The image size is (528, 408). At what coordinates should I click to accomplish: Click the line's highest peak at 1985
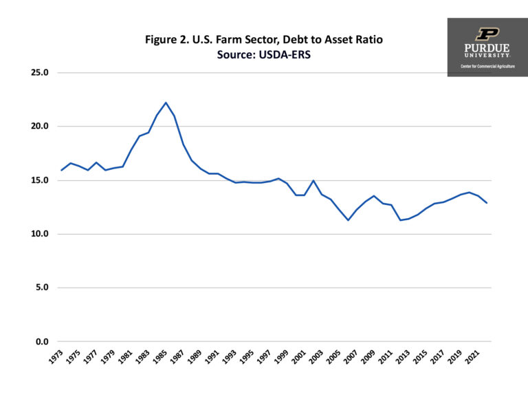[x=166, y=103]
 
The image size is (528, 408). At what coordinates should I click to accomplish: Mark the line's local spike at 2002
[x=313, y=180]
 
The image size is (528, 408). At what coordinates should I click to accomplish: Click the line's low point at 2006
[x=349, y=220]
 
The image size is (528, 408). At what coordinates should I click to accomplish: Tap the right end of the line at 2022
[x=487, y=203]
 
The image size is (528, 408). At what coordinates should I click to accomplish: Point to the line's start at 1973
[x=61, y=170]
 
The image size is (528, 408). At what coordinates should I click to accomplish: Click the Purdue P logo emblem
[x=487, y=34]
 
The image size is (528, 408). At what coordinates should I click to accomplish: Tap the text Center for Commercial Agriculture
[x=487, y=66]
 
